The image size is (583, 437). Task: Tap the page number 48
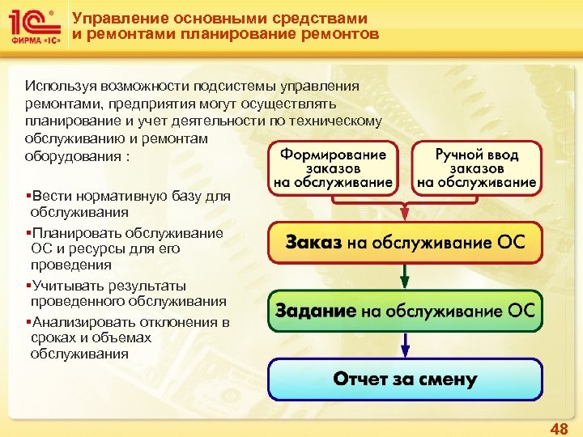pyautogui.click(x=559, y=428)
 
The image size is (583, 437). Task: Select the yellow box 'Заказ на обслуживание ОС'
pyautogui.click(x=405, y=243)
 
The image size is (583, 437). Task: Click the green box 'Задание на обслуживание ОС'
pyautogui.click(x=405, y=311)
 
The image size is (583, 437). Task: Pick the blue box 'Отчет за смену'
pyautogui.click(x=405, y=379)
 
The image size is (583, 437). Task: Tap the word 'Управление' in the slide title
pyautogui.click(x=109, y=18)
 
